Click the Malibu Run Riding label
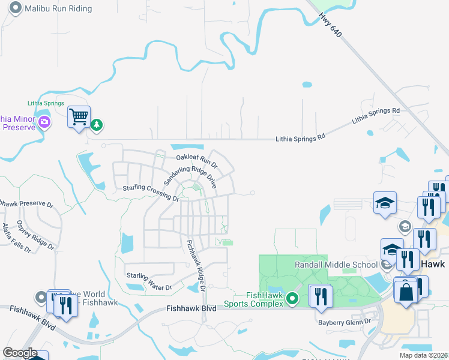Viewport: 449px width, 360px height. (x=58, y=8)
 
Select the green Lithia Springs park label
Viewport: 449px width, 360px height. (x=46, y=103)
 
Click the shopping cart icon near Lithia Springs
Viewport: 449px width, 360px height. (x=79, y=117)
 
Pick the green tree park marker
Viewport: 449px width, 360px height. (x=97, y=125)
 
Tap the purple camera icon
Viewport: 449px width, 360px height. (x=44, y=122)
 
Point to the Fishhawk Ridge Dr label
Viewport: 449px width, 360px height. (x=196, y=266)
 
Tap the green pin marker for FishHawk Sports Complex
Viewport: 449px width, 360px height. (x=292, y=298)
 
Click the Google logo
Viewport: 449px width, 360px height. (x=20, y=353)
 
